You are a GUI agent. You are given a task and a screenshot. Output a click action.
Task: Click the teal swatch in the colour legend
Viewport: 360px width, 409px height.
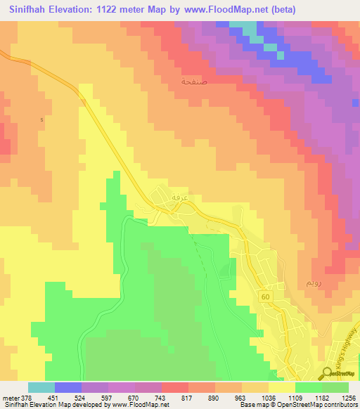[x=41, y=387]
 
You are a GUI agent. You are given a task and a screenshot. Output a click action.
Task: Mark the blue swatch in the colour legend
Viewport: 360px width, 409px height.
[x=68, y=387]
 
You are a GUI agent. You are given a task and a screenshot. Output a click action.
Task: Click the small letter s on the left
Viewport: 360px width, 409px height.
[x=42, y=119]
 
